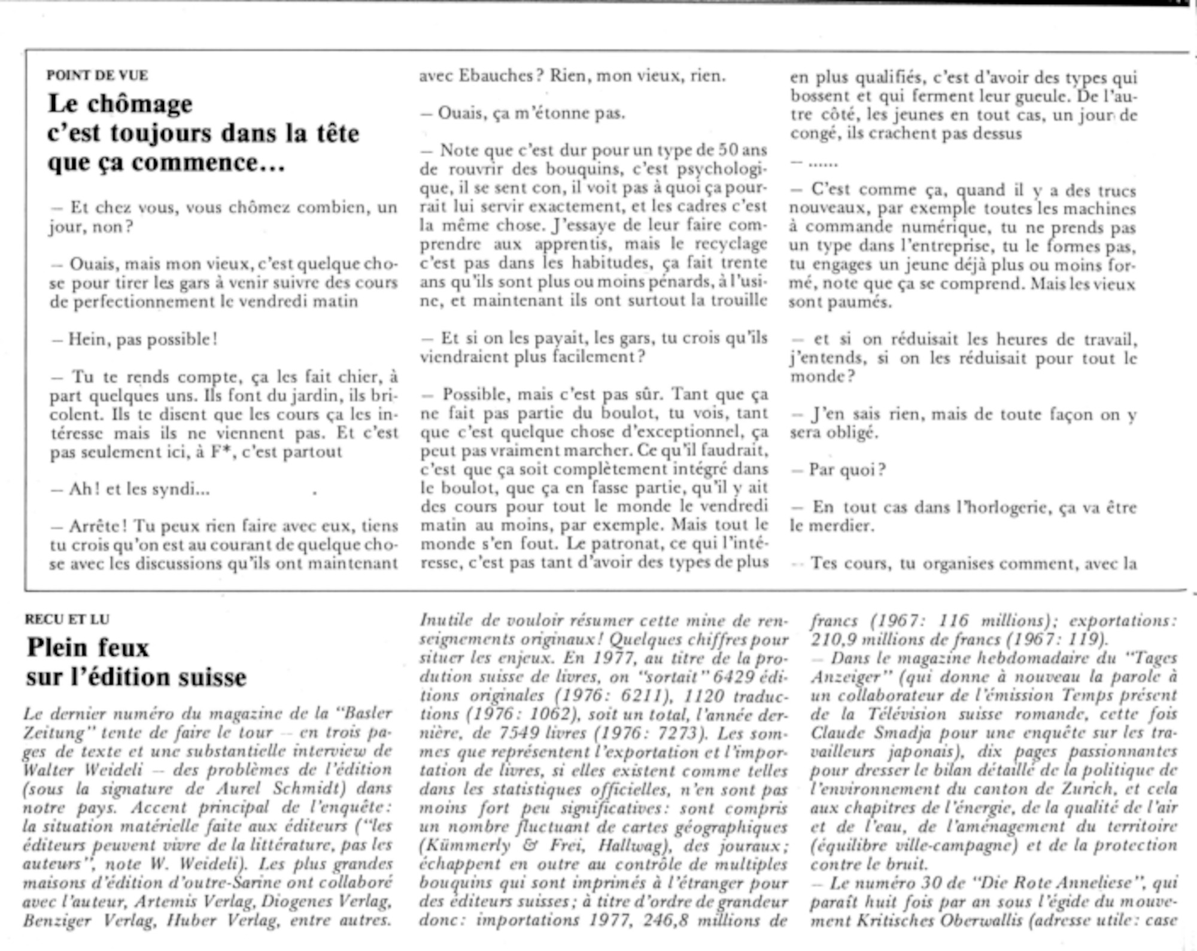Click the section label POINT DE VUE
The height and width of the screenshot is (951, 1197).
coord(98,75)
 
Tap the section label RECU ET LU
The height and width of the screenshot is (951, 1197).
coord(67,619)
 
